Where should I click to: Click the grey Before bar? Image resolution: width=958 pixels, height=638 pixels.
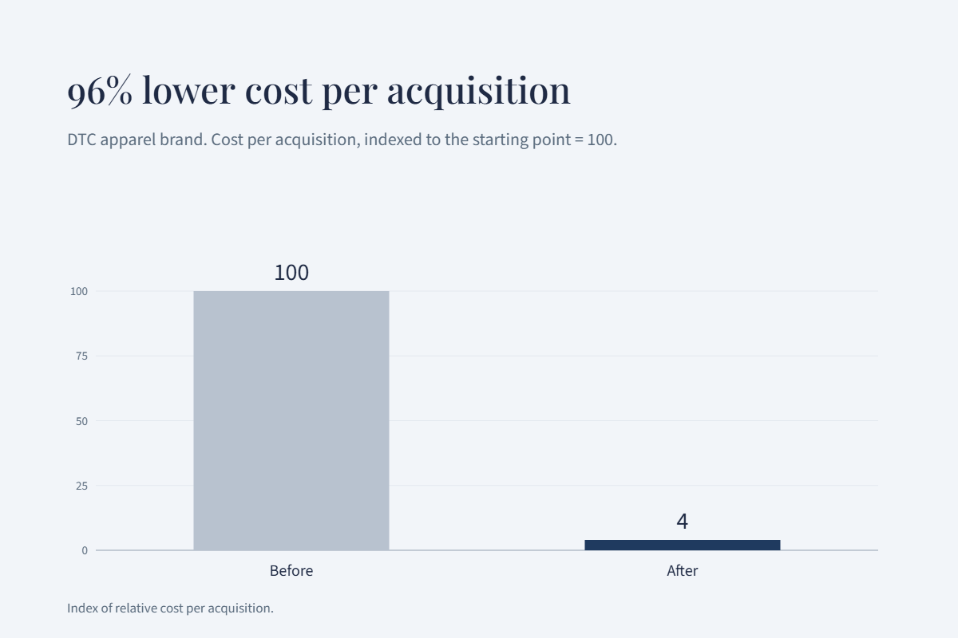pyautogui.click(x=291, y=420)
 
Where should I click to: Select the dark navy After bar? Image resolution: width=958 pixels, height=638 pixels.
pyautogui.click(x=683, y=545)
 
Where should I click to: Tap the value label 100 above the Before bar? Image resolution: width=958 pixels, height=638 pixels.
pyautogui.click(x=291, y=273)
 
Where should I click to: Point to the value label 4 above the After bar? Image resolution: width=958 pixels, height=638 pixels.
pyautogui.click(x=683, y=522)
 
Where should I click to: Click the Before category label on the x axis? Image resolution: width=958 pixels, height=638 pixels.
pyautogui.click(x=291, y=571)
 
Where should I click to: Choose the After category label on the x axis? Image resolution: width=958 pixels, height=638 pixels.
pyautogui.click(x=683, y=571)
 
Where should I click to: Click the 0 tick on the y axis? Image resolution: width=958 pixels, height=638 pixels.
pyautogui.click(x=85, y=550)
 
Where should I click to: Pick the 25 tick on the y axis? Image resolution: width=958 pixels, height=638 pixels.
pyautogui.click(x=81, y=486)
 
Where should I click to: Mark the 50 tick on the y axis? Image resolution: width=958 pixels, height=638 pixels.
pyautogui.click(x=81, y=421)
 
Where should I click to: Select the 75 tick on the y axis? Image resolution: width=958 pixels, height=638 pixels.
pyautogui.click(x=81, y=356)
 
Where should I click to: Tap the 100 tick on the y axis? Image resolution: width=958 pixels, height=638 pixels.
pyautogui.click(x=79, y=291)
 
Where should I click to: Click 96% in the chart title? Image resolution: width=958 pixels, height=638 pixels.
pyautogui.click(x=100, y=91)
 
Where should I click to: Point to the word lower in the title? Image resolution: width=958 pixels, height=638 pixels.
pyautogui.click(x=188, y=90)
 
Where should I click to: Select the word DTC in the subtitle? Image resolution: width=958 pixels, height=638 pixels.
pyautogui.click(x=81, y=140)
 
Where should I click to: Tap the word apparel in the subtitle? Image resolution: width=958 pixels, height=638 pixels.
pyautogui.click(x=129, y=140)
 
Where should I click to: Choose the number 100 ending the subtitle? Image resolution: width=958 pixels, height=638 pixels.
pyautogui.click(x=600, y=140)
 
